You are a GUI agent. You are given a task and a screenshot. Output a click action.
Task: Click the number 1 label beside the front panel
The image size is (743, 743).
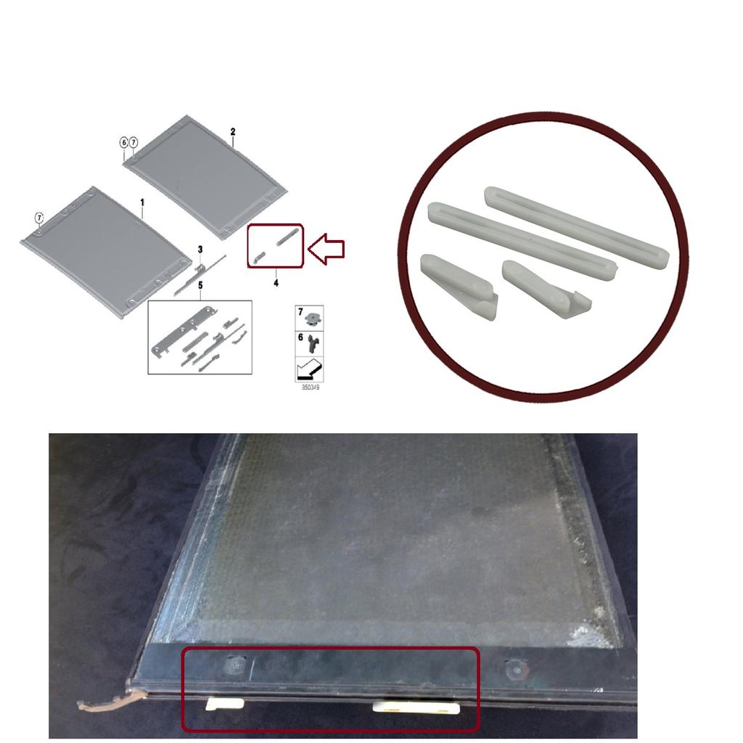(142, 201)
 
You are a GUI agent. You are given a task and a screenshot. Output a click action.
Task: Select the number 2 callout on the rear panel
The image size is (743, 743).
(233, 131)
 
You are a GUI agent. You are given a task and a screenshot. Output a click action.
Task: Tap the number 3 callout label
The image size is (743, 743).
(200, 250)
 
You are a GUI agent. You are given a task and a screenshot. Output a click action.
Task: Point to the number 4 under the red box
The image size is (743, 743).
(276, 283)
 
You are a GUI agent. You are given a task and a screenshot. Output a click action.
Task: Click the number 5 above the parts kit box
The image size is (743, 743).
(200, 286)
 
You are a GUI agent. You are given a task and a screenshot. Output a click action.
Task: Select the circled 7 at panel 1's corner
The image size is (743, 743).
(40, 217)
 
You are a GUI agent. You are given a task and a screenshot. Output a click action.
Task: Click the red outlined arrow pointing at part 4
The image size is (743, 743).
(326, 249)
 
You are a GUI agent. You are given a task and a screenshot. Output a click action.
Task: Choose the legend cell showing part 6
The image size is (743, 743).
(310, 342)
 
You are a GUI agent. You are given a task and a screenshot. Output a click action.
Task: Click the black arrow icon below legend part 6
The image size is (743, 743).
(310, 369)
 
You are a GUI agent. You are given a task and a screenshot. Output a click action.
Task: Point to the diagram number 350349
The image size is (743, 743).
(311, 387)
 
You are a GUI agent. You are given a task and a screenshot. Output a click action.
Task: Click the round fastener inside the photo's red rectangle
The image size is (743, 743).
(236, 664)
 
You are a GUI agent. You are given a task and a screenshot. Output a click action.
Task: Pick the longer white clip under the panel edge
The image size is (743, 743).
(416, 708)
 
